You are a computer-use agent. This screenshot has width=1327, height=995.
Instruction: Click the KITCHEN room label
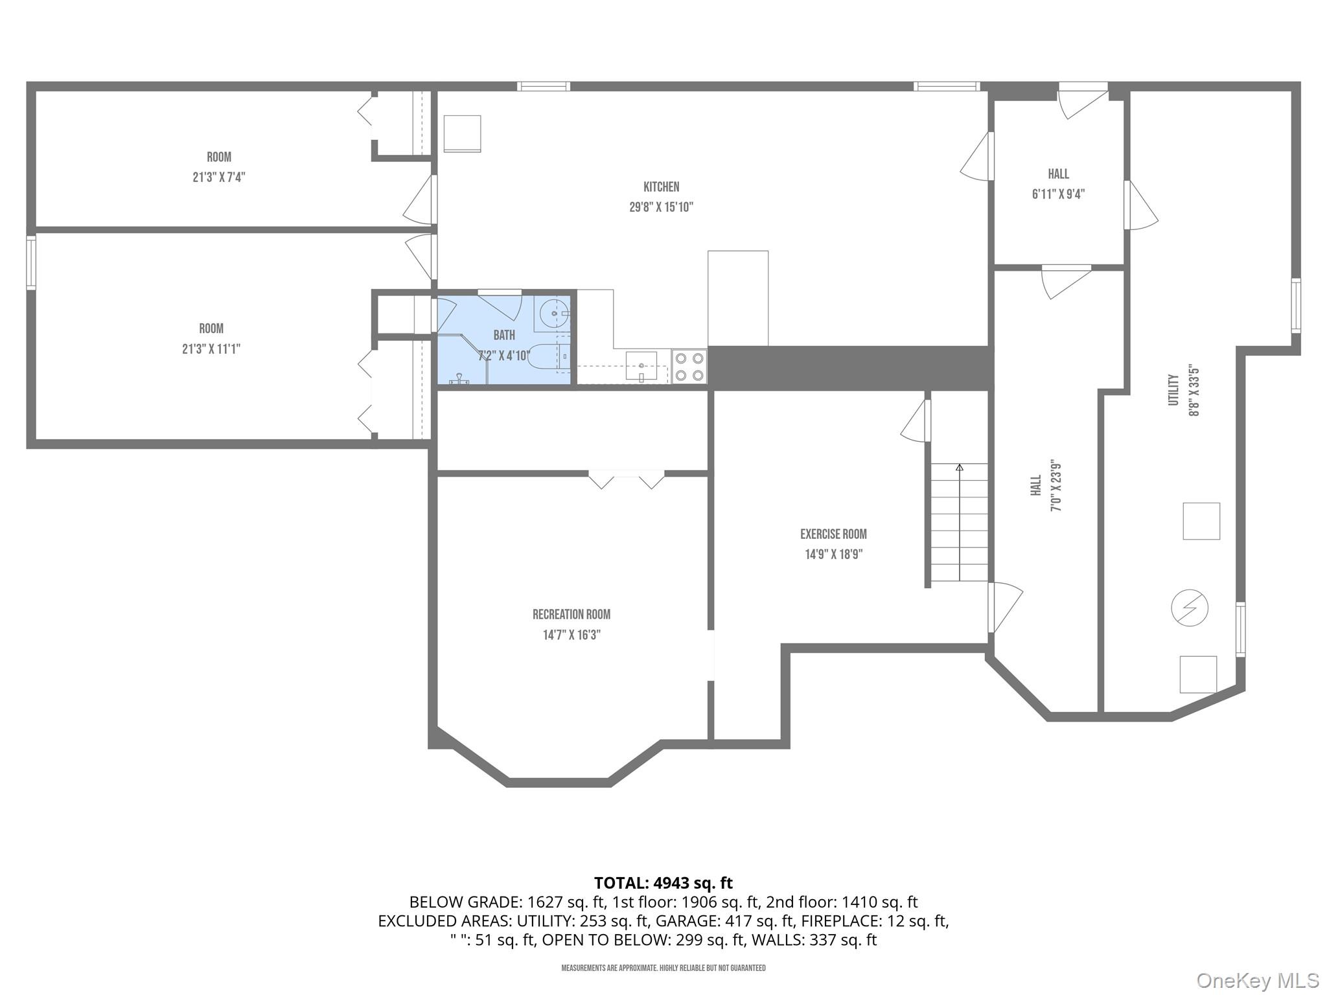(x=661, y=187)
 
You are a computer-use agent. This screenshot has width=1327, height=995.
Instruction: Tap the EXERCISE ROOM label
(x=833, y=534)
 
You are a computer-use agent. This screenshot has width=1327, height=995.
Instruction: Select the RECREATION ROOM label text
(x=571, y=615)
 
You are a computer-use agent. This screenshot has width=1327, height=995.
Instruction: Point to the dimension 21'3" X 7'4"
(x=218, y=177)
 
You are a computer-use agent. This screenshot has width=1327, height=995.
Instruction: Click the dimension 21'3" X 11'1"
(x=211, y=349)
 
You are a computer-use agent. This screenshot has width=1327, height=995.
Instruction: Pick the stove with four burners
(x=689, y=367)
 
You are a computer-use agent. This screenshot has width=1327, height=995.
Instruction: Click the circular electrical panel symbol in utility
(x=1190, y=608)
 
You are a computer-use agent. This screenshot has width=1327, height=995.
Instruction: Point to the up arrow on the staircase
(x=960, y=467)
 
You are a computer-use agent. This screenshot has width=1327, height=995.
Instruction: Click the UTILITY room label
(x=1173, y=390)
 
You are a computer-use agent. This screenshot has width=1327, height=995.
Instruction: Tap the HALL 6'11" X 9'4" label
(x=1058, y=184)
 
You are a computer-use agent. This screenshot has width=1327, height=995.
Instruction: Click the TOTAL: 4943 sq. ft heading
(x=663, y=883)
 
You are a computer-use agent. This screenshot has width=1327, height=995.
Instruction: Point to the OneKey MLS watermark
(x=1257, y=980)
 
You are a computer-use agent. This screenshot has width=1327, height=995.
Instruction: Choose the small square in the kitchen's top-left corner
(x=462, y=134)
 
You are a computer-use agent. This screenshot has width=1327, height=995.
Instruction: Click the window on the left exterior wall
(x=30, y=262)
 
